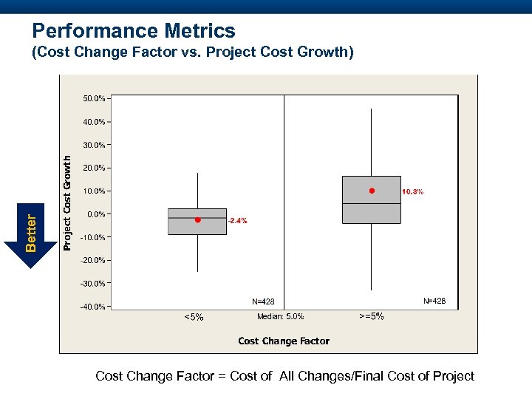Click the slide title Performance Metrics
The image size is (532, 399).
(134, 31)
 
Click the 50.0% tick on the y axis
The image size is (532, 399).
(94, 98)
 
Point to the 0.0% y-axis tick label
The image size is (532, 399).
(96, 214)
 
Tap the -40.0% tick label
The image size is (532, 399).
(93, 307)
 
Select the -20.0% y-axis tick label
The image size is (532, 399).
(93, 260)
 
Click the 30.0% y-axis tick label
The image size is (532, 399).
(94, 145)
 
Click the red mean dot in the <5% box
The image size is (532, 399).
(198, 219)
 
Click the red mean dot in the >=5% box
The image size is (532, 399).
(372, 191)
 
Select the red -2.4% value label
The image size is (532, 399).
(237, 221)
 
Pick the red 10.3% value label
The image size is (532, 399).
(412, 192)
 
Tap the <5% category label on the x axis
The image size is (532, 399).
(193, 318)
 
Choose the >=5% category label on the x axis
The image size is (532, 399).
(371, 316)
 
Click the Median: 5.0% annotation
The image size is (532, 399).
(280, 316)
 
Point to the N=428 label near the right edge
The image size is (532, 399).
(434, 301)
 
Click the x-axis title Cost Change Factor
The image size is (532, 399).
(284, 341)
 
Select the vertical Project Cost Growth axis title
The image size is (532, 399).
(67, 202)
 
